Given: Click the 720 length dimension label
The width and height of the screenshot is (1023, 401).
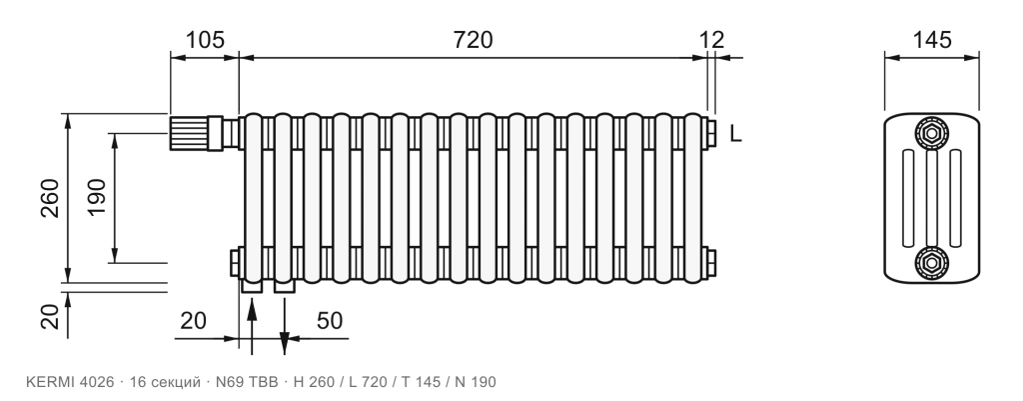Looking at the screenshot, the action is pos(473,40).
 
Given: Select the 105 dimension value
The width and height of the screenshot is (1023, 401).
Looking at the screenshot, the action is pos(205,40).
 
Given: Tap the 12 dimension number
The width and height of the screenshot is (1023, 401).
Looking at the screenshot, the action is pos(711,40).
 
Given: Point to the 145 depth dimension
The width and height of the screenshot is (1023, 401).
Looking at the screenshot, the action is pos(932,40).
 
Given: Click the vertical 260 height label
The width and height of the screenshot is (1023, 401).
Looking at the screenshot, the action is pos(50,198).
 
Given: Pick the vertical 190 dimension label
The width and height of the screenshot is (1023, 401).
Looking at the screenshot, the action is pos(97,197).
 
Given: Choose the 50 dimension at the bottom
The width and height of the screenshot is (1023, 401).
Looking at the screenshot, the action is pos(330,321).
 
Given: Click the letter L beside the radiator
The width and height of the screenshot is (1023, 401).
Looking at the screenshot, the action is pos(735,134).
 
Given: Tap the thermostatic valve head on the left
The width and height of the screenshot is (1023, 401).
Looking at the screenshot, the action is pos(189,133).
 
